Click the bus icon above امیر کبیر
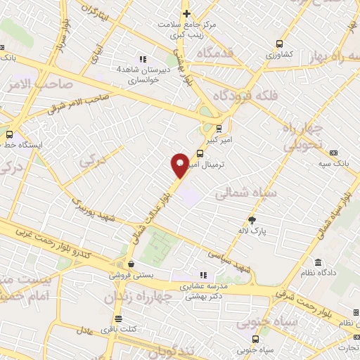(x=219, y=128)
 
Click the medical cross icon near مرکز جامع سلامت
(x=186, y=13)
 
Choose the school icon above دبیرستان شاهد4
(x=143, y=59)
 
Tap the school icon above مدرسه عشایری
(x=203, y=276)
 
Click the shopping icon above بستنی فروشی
(x=120, y=265)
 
